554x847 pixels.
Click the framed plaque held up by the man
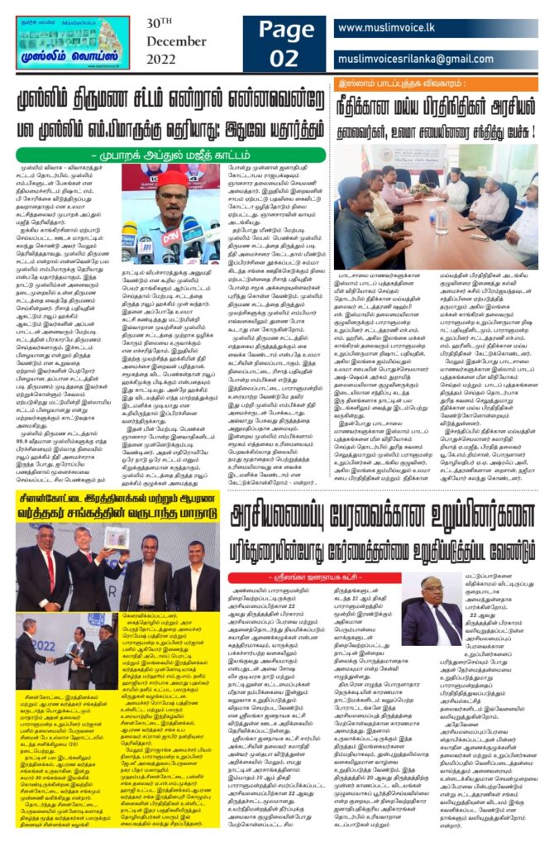pyautogui.click(x=117, y=538)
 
